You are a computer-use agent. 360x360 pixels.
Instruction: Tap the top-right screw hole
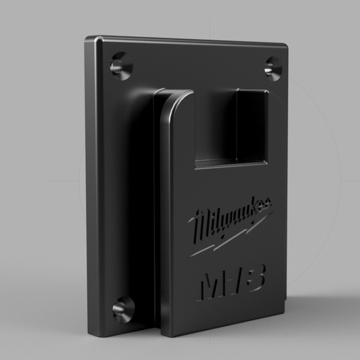(272, 67)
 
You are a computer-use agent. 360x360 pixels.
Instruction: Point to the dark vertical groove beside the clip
(158, 209)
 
